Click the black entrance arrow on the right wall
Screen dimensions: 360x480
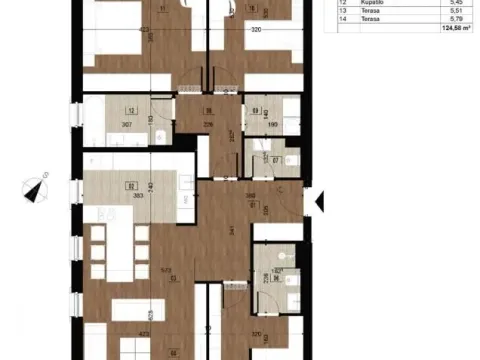(319, 203)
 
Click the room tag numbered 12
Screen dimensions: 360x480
(131, 113)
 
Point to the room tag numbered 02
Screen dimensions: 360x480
(130, 185)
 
